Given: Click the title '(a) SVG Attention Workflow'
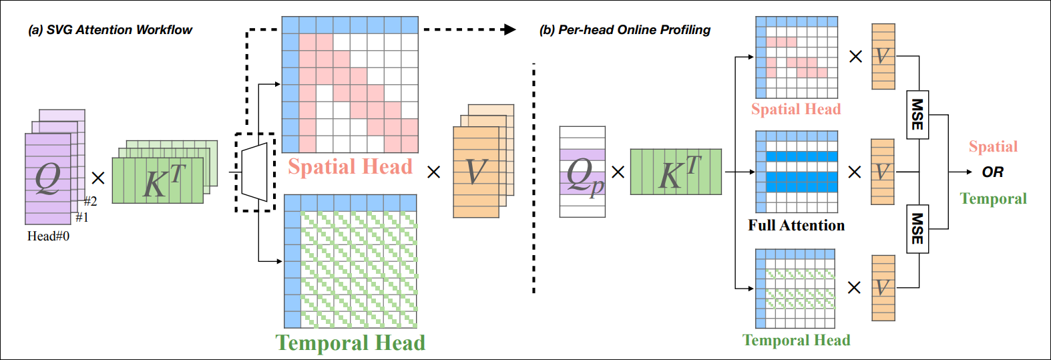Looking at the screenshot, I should point(110,30).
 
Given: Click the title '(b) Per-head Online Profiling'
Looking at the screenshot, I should point(625,30).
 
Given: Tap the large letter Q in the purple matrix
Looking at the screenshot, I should point(47,178).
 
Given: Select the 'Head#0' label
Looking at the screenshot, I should point(48,236).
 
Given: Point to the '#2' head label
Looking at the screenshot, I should point(90,202).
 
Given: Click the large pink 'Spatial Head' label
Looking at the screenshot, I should point(350,166).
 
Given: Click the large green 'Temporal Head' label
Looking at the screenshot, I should point(350,343).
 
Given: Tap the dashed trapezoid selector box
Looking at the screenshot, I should point(254,172).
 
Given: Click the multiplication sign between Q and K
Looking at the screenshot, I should point(98,178).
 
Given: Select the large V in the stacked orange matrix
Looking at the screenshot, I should point(475,172).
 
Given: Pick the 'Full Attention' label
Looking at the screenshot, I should point(796,225).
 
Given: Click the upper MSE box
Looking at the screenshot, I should point(917,114).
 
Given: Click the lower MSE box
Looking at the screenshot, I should point(917,228).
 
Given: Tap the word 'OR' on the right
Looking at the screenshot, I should point(992,172).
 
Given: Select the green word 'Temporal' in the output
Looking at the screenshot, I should point(993,198).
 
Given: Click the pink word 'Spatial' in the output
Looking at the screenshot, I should point(993,147).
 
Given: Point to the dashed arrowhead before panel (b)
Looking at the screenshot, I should point(509,29).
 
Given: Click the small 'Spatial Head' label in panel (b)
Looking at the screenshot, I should point(795,109).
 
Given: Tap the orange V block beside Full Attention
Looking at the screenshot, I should point(882,172).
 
